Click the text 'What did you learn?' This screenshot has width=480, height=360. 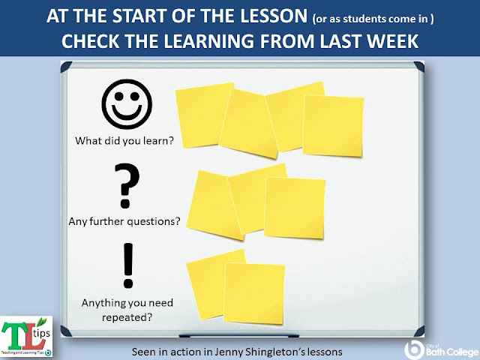[123, 140]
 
